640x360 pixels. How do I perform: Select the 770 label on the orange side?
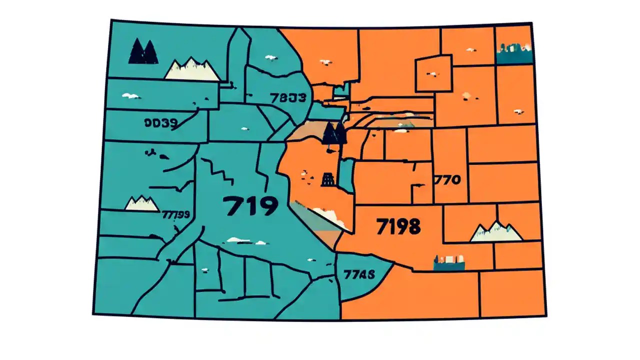pos(447,179)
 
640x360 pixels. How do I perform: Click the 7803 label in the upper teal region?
pos(287,97)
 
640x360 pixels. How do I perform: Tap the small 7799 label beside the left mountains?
pos(175,214)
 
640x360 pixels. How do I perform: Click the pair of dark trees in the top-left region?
pos(143,52)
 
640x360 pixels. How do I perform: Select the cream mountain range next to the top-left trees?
pos(192,69)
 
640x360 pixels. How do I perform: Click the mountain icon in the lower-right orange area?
pos(496,231)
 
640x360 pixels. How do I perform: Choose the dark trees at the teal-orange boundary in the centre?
pos(334,133)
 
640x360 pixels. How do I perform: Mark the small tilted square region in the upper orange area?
pos(433,73)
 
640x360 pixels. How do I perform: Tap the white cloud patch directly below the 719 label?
pos(239,240)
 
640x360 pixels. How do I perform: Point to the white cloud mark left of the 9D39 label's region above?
pos(131,95)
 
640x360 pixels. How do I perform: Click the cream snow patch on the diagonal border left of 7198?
pos(329,216)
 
